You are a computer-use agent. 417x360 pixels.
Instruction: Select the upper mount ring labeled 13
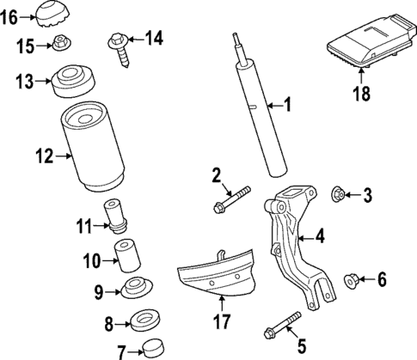tap(73, 82)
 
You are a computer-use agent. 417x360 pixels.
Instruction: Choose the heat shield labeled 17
tap(218, 278)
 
